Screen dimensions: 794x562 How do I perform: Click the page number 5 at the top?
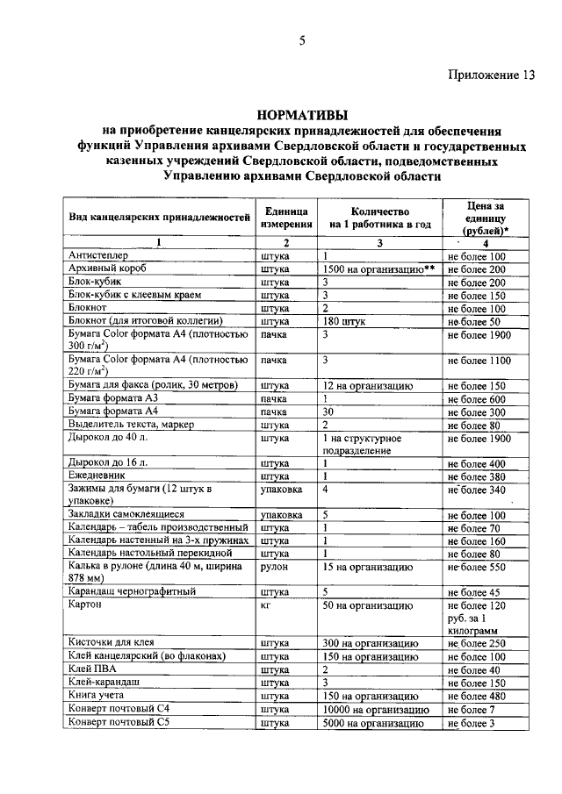pos(301,39)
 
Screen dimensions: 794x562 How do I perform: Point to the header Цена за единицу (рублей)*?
pos(484,218)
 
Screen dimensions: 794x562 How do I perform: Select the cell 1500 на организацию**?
pos(378,269)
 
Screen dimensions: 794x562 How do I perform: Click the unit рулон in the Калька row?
pos(276,569)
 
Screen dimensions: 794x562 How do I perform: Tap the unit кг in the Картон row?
pos(267,605)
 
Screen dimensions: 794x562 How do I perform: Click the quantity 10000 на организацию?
pos(374,709)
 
